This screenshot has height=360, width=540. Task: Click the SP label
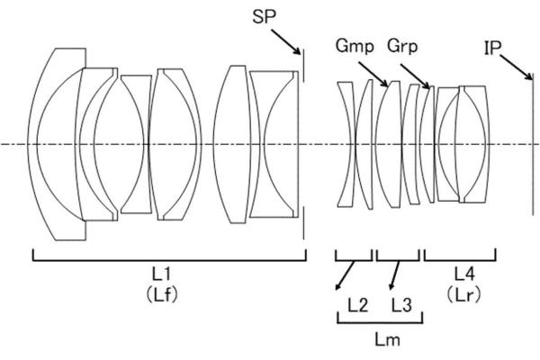(x=264, y=16)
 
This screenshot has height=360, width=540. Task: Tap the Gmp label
(x=355, y=46)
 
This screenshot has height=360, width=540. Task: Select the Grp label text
(x=402, y=46)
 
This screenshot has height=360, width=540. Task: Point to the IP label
(x=492, y=48)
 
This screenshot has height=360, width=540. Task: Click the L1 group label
(x=161, y=274)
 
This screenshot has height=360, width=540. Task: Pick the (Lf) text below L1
(x=161, y=294)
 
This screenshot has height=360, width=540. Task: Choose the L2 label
(x=358, y=305)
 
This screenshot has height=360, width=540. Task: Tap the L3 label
(x=401, y=305)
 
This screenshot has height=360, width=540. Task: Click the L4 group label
(x=464, y=274)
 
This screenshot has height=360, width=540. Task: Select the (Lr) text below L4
(x=463, y=294)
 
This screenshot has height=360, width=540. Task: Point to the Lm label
(x=387, y=339)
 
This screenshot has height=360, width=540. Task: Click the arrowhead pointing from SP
(x=298, y=52)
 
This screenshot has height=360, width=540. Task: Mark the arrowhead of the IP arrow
(x=530, y=77)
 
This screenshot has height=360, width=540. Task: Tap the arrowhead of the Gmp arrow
(x=386, y=84)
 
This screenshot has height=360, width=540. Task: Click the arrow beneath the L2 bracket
(x=346, y=275)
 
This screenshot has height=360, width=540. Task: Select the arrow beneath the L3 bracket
(x=394, y=274)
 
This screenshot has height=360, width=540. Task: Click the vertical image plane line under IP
(x=533, y=144)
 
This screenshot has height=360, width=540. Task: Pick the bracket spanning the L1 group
(x=169, y=256)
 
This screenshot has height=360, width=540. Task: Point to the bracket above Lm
(x=380, y=318)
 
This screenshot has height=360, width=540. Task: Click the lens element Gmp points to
(x=389, y=144)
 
